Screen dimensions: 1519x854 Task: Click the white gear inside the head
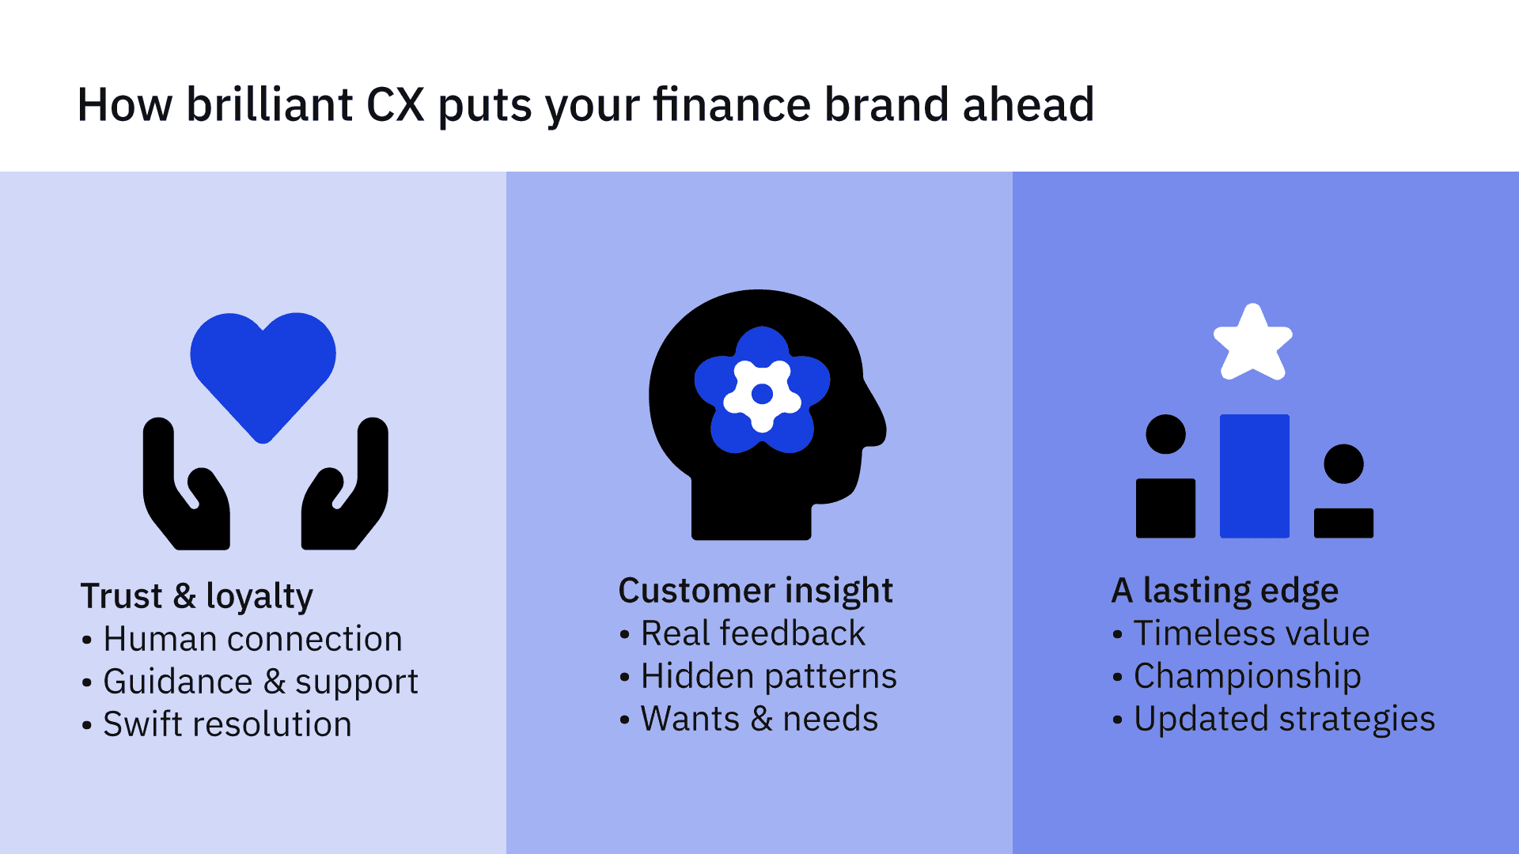coord(762,394)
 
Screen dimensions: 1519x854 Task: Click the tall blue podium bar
coord(1255,476)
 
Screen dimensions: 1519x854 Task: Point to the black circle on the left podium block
coord(1165,434)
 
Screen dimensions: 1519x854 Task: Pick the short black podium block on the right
coord(1343,523)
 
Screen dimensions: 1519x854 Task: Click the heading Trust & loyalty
coord(197,596)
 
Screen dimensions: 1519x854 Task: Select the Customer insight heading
coord(756,591)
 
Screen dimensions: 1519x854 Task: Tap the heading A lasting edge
coord(1225,591)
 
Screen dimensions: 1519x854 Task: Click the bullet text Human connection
coord(252,639)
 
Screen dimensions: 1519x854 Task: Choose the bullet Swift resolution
coord(227,724)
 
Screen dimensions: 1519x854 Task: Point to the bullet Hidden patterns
coord(769,676)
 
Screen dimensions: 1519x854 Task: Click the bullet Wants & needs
coord(759,719)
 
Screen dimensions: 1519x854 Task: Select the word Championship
coord(1248,677)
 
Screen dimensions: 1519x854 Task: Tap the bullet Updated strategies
coord(1285,720)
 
